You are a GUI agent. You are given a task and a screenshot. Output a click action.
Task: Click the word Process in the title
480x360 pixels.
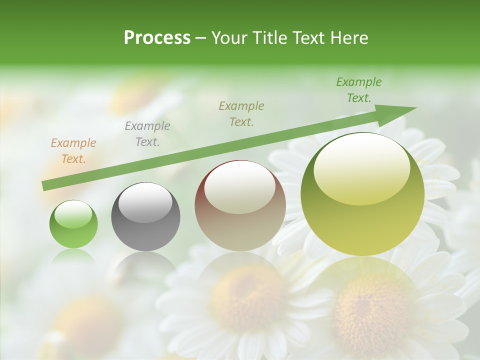pyautogui.click(x=157, y=38)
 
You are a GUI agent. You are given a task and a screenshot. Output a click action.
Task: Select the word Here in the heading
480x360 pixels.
pyautogui.click(x=349, y=38)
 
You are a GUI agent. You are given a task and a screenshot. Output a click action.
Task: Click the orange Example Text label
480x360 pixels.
pyautogui.click(x=73, y=151)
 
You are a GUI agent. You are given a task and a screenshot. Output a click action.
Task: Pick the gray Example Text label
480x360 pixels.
pyautogui.click(x=147, y=134)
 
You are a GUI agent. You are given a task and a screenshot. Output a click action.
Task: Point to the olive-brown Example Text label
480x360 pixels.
pyautogui.click(x=241, y=114)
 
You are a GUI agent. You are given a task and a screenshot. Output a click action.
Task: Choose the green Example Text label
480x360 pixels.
pyautogui.click(x=358, y=90)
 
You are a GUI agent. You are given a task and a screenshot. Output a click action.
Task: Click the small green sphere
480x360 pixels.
pyautogui.click(x=73, y=225)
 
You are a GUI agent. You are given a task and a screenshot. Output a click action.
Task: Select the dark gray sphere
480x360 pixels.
pyautogui.click(x=145, y=217)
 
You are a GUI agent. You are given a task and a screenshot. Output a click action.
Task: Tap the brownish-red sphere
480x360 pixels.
pyautogui.click(x=240, y=206)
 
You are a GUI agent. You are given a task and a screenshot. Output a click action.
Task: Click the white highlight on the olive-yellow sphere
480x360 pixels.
pyautogui.click(x=361, y=167)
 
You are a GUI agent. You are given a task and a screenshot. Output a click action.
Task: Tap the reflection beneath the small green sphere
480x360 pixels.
pyautogui.click(x=73, y=257)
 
